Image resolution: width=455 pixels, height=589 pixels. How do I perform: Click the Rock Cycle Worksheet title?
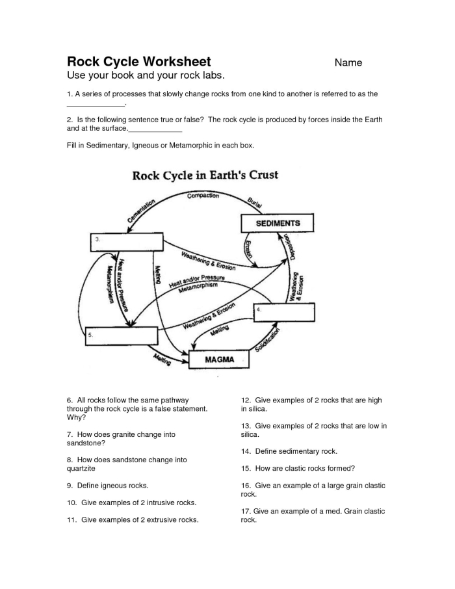point(139,62)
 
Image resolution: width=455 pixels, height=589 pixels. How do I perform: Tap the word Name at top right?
point(348,63)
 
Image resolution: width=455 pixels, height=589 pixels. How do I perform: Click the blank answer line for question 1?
point(96,104)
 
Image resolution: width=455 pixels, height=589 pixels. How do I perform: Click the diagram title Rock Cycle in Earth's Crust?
point(205,175)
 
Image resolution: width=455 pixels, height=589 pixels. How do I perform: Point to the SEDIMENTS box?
point(278,224)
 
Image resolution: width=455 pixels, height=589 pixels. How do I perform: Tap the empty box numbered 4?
point(284,313)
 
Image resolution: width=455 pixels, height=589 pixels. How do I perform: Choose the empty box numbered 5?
point(122,336)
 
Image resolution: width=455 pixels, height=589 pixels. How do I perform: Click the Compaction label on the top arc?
point(203,196)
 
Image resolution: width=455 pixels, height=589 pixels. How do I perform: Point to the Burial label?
point(255,202)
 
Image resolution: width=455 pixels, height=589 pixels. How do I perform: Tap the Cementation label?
point(142,212)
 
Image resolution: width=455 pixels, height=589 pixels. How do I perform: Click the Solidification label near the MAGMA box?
point(268,341)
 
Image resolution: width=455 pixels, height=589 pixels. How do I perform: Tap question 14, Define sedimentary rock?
point(289,451)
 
